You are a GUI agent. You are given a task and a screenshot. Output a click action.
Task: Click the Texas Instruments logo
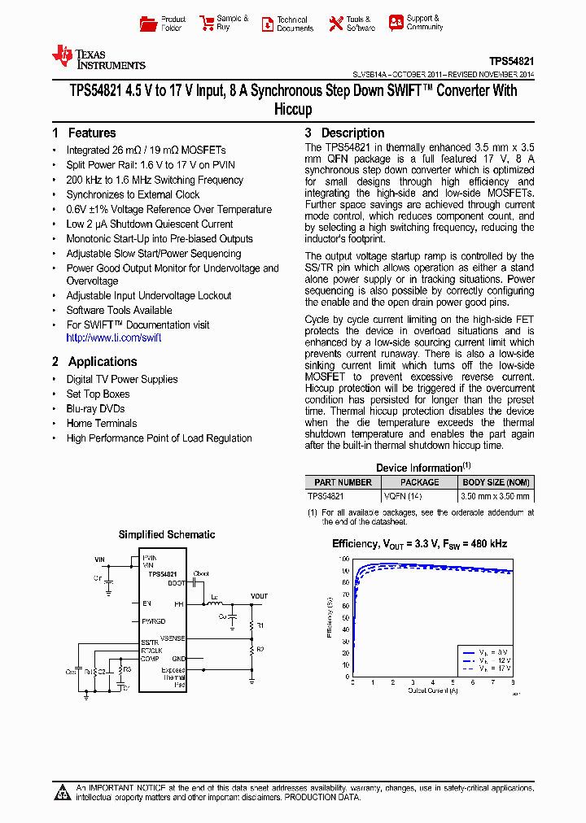click(x=98, y=57)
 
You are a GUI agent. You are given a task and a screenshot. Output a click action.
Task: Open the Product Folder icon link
click(x=163, y=24)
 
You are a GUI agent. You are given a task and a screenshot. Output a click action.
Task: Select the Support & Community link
click(x=414, y=23)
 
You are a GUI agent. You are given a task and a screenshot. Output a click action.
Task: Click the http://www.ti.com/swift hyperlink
click(x=114, y=337)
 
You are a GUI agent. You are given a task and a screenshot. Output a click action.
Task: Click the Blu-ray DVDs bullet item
click(x=95, y=409)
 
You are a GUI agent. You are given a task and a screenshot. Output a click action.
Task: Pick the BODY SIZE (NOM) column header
click(x=496, y=482)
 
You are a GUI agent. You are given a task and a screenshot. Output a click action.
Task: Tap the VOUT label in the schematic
click(x=259, y=596)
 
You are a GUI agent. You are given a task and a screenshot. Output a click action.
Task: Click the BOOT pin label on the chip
click(x=177, y=583)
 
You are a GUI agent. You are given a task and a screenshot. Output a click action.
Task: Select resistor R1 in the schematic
click(x=260, y=625)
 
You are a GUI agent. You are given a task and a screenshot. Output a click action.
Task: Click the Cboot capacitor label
click(x=201, y=574)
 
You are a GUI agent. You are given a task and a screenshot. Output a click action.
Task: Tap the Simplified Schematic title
click(x=167, y=534)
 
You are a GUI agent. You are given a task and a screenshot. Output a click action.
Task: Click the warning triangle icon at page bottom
click(x=63, y=792)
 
